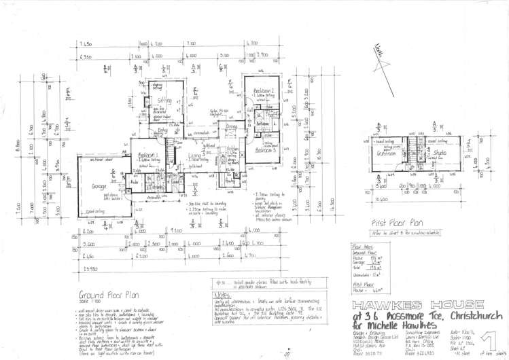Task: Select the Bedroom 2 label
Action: click(264, 90)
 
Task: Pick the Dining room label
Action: click(232, 127)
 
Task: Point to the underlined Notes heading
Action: click(222, 296)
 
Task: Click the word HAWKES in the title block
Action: click(384, 304)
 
